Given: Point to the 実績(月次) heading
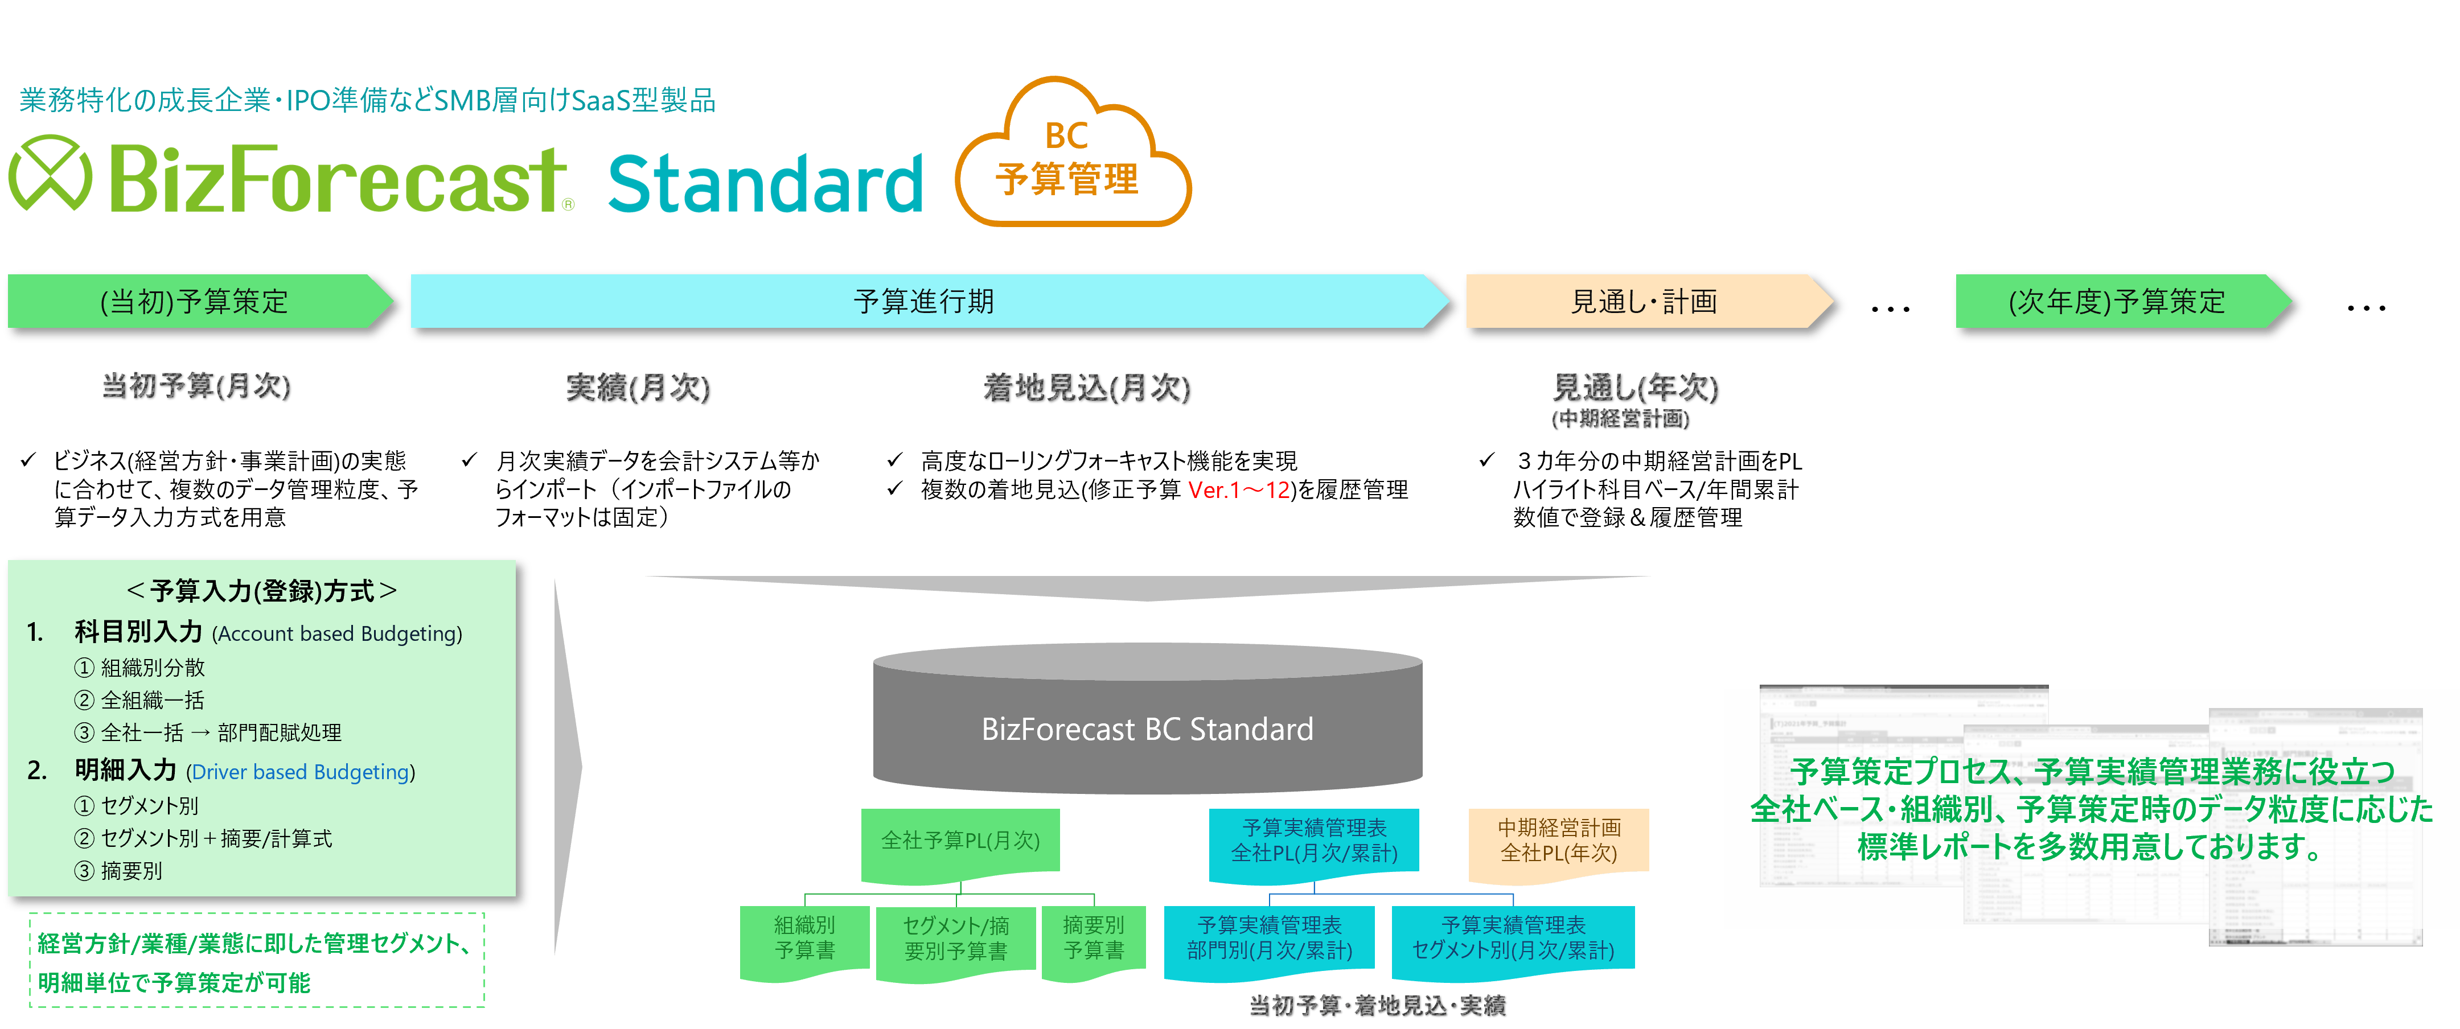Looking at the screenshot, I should click(638, 388).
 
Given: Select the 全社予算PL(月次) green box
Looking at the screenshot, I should click(960, 841).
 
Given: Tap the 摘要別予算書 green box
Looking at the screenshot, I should click(1094, 939).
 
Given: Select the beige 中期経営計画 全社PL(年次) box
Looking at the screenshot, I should click(1559, 841).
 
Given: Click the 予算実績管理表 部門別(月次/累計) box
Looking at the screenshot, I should click(1269, 939).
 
